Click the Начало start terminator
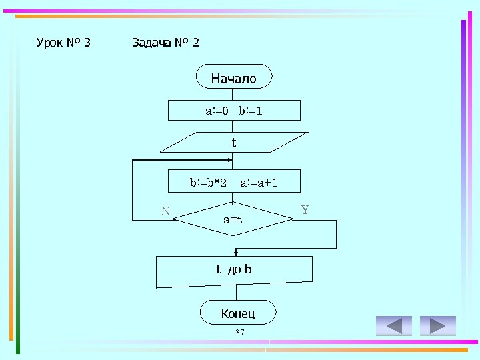(x=234, y=77)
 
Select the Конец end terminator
(x=238, y=313)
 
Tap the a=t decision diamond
(x=233, y=219)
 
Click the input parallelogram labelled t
(x=233, y=142)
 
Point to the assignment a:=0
(x=216, y=110)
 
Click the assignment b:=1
(x=251, y=110)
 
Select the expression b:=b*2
(x=208, y=181)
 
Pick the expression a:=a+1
(x=259, y=181)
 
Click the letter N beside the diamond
(x=165, y=212)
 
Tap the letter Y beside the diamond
(x=305, y=210)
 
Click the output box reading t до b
(x=234, y=271)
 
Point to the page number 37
(x=240, y=332)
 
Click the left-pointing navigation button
(x=394, y=325)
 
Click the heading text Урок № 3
(x=63, y=43)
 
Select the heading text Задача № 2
(x=165, y=43)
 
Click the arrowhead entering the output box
(x=235, y=253)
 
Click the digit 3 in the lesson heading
(x=87, y=43)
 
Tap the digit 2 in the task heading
(x=195, y=43)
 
